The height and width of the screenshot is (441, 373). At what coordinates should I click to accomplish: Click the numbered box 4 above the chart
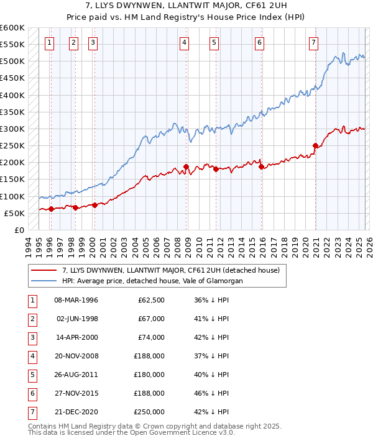[x=185, y=43]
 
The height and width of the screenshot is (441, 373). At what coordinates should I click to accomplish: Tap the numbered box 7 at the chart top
[x=313, y=43]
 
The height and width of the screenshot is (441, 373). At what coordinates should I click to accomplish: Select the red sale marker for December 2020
[x=315, y=146]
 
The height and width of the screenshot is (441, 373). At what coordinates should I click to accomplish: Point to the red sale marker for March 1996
[x=51, y=209]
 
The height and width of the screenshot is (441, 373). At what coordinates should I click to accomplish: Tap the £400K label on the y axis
[x=12, y=96]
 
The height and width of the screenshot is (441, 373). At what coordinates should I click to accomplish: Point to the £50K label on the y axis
[x=15, y=213]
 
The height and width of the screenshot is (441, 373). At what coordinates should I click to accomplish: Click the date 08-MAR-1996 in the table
[x=76, y=301]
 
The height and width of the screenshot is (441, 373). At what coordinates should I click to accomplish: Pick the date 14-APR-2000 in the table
[x=76, y=337]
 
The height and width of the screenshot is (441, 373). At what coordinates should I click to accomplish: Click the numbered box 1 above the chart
[x=49, y=43]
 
